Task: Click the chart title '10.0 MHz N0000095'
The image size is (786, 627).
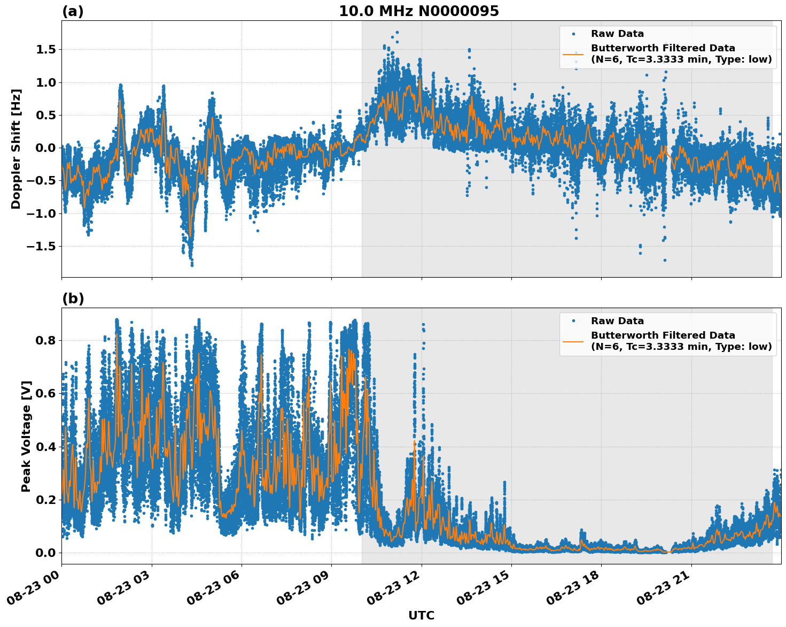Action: coord(418,11)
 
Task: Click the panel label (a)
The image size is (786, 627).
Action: coord(73,11)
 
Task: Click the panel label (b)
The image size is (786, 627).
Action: coord(73,299)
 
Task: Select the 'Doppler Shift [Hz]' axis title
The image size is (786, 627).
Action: coord(16,149)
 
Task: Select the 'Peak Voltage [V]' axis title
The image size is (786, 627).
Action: coord(26,436)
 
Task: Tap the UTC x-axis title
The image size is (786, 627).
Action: coord(421,616)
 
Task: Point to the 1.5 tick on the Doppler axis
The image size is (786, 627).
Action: coord(45,50)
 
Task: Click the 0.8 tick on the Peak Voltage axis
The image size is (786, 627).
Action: coord(45,341)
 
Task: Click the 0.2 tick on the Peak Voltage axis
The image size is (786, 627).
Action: coord(45,500)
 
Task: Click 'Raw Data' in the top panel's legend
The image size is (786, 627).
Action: coord(617,34)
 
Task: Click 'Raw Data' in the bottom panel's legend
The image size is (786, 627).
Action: coord(617,321)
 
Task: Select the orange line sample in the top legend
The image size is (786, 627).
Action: coord(573,54)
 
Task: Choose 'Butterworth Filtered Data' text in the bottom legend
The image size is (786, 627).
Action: coord(663,335)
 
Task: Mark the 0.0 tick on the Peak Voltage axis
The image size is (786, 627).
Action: coord(45,553)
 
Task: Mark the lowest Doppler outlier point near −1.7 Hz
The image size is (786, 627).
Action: coord(665,260)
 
